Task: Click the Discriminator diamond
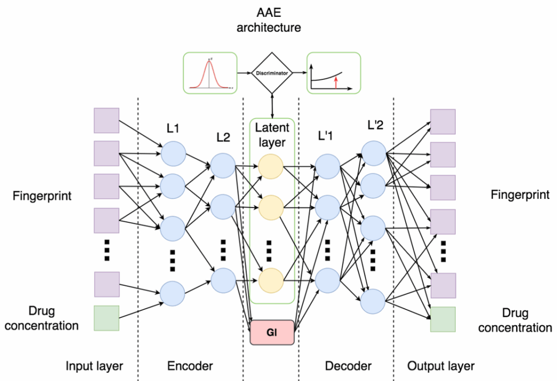[x=272, y=72]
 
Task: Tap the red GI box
[x=272, y=332]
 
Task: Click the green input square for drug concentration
[x=107, y=318]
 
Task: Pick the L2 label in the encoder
[x=223, y=138]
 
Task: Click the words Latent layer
[x=272, y=134]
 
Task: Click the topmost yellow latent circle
[x=271, y=166]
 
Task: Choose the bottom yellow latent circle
[x=271, y=280]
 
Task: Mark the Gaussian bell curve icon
[x=209, y=73]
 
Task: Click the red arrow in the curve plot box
[x=336, y=82]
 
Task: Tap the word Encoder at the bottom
[x=190, y=366]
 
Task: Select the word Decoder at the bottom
[x=348, y=366]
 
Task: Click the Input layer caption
[x=94, y=366]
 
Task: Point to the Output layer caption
[x=441, y=366]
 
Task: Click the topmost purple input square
[x=107, y=121]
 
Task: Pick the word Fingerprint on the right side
[x=520, y=195]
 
